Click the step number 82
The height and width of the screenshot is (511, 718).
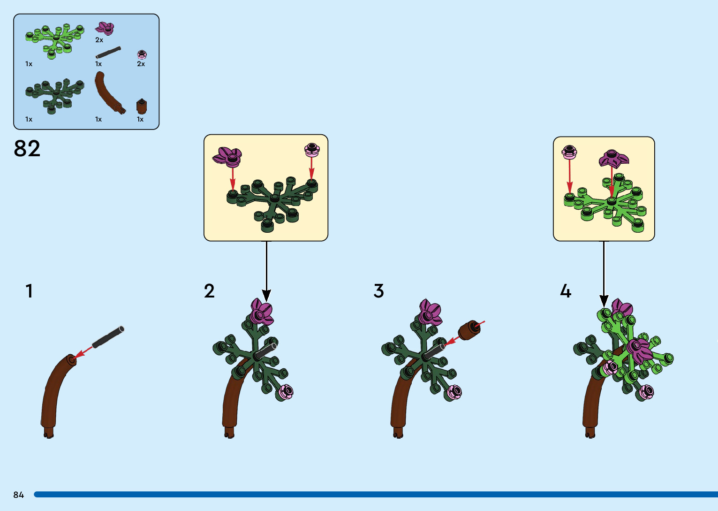point(27,149)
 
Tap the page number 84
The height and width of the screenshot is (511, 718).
point(19,495)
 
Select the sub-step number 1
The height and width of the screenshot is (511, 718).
point(29,291)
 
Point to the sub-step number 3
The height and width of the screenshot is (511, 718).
point(378,291)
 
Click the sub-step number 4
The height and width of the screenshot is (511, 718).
point(566,291)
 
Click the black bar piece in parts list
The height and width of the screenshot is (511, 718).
point(108,52)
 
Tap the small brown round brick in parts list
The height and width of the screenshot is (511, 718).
point(142,107)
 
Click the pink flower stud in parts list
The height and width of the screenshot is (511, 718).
point(142,54)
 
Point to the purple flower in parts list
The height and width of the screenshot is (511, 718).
point(105,28)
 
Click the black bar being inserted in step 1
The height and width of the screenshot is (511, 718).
point(108,337)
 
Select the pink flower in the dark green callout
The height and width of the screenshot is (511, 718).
point(312,150)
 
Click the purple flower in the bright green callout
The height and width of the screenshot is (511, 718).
point(613,159)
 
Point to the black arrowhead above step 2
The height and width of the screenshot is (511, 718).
point(266,295)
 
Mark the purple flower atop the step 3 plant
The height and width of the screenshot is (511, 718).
point(430,313)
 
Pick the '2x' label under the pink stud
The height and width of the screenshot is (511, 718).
point(141,64)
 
